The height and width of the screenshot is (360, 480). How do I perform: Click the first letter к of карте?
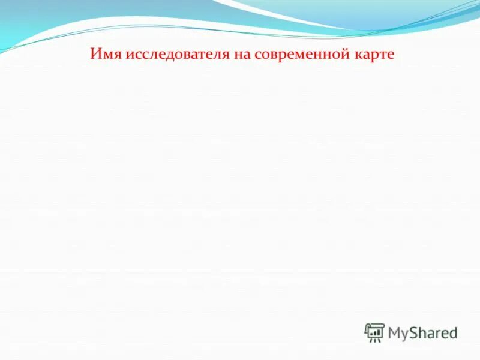(359, 55)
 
